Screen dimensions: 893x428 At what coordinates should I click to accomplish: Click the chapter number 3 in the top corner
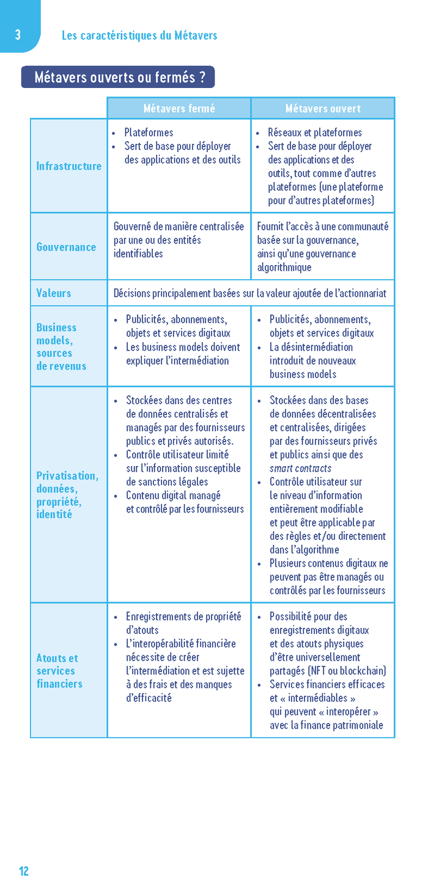point(18,35)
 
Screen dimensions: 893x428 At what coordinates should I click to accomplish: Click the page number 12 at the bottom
point(24,871)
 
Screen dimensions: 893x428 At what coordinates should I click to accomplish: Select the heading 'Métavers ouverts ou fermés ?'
point(118,78)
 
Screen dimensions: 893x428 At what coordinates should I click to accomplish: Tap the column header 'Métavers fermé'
point(179,108)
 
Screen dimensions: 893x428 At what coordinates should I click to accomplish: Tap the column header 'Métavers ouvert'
point(323,108)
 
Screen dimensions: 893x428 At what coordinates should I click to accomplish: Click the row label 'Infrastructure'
point(68,166)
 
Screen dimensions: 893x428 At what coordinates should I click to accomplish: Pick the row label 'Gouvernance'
point(66,247)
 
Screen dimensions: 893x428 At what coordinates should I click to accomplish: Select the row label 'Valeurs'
point(54,293)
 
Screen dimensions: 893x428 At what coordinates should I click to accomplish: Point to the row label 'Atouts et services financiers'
point(59,671)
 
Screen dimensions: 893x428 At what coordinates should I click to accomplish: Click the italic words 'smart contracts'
point(300,468)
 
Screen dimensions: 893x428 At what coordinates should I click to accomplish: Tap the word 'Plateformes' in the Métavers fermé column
point(149,133)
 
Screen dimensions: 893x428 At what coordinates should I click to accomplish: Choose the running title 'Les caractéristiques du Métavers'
point(139,35)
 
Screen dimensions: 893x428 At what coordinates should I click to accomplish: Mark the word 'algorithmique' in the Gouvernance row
point(284,268)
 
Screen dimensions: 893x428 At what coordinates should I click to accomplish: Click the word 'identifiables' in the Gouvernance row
point(138,253)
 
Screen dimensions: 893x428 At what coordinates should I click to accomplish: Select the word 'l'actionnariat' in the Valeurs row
point(359,293)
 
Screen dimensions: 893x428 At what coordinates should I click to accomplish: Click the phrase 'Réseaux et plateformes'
point(315,133)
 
